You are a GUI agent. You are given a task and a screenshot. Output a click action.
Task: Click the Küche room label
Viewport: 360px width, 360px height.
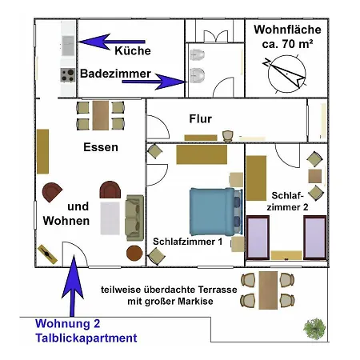[x=133, y=50]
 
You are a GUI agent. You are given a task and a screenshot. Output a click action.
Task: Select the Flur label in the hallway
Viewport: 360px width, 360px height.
[x=200, y=118]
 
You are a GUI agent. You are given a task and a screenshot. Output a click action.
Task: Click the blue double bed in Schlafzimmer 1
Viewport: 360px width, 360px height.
[x=212, y=209]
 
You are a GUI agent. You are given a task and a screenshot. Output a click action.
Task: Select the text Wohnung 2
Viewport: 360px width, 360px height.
[x=67, y=324]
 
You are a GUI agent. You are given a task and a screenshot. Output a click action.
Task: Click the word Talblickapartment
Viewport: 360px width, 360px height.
[x=86, y=338]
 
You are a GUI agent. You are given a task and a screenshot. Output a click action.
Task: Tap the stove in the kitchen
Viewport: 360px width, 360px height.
[x=66, y=74]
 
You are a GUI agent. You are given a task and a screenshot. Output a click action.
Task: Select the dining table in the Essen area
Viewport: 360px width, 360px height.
[x=100, y=114]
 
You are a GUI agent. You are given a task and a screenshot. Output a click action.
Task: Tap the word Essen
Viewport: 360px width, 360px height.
[x=101, y=147]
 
